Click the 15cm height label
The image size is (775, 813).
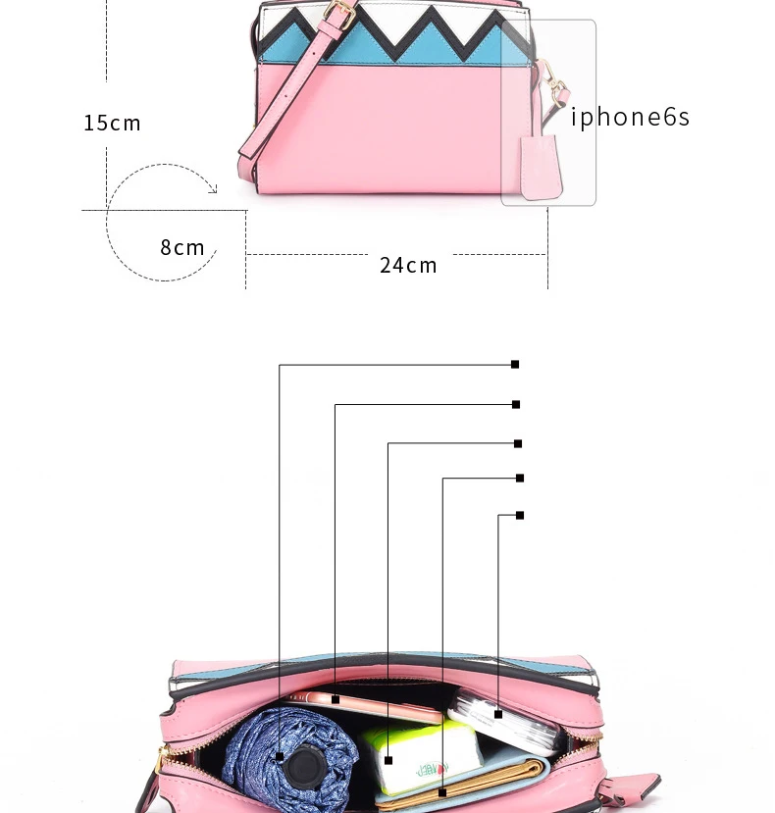[112, 123]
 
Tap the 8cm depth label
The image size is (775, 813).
[182, 247]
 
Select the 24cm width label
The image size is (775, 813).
[408, 265]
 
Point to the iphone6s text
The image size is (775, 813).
[631, 117]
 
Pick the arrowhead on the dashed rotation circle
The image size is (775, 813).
[212, 188]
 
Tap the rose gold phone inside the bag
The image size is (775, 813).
[373, 703]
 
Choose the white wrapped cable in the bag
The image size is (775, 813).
[505, 721]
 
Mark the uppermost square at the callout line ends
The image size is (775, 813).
[515, 364]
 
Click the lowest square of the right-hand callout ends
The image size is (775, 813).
[520, 515]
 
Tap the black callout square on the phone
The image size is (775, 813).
[336, 700]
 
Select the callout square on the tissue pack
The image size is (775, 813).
[388, 760]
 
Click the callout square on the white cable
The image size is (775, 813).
[498, 714]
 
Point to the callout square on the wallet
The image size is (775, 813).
[442, 791]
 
